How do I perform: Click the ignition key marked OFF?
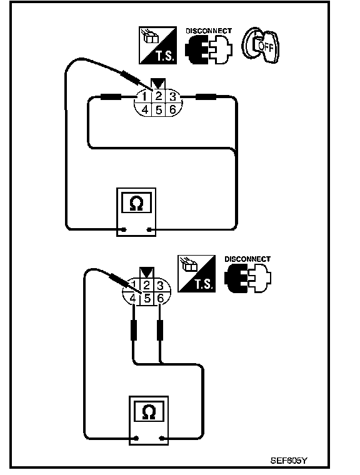click(x=261, y=45)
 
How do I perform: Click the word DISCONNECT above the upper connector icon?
click(x=209, y=31)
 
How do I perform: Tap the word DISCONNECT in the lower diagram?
click(x=247, y=259)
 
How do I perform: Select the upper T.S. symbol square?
click(x=157, y=45)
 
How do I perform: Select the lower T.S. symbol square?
click(x=196, y=274)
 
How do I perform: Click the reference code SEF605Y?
click(x=289, y=461)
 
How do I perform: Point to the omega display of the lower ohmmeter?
click(x=149, y=411)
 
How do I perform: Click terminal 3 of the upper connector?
click(x=172, y=97)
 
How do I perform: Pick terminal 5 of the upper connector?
click(x=159, y=109)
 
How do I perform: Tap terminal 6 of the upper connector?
click(x=172, y=109)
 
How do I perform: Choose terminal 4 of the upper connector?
click(x=145, y=109)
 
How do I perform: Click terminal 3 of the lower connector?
click(x=160, y=286)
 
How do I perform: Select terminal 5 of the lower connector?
click(x=147, y=298)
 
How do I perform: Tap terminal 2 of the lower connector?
click(x=147, y=286)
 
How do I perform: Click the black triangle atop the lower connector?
click(x=147, y=272)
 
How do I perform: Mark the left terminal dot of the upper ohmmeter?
click(x=124, y=229)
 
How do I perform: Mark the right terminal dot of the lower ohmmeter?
click(x=162, y=438)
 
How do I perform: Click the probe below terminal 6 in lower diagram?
click(x=160, y=330)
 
